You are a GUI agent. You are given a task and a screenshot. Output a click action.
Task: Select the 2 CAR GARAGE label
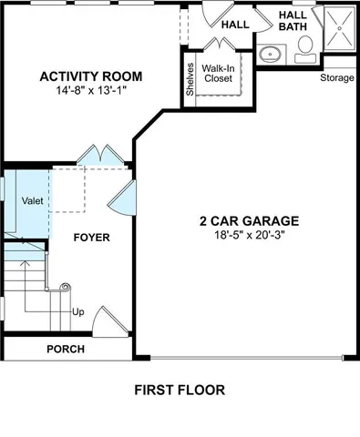click(249, 220)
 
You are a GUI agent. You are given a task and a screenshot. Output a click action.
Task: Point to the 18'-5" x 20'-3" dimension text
click(249, 235)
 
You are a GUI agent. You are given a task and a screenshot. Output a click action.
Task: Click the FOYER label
click(91, 238)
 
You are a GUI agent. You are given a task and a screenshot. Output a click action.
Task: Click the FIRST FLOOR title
click(180, 390)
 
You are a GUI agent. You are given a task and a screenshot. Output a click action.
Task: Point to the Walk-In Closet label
click(220, 74)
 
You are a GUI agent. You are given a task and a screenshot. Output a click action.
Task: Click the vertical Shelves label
click(190, 78)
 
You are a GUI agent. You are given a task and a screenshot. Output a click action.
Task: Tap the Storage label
click(337, 77)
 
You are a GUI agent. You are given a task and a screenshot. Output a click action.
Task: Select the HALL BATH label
click(293, 21)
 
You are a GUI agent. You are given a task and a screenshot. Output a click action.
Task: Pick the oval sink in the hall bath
click(271, 55)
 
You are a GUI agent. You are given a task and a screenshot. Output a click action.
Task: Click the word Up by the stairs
click(78, 312)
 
